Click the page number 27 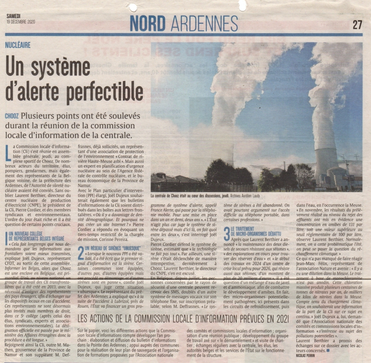pyautogui.click(x=357, y=24)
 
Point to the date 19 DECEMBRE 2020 pyautogui.click(x=21, y=22)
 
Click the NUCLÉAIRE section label pyautogui.click(x=18, y=45)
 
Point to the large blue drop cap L pyautogui.click(x=9, y=153)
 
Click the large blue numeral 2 pyautogui.click(x=81, y=253)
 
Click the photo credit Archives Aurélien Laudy pyautogui.click(x=245, y=196)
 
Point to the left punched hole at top pyautogui.click(x=133, y=7)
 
